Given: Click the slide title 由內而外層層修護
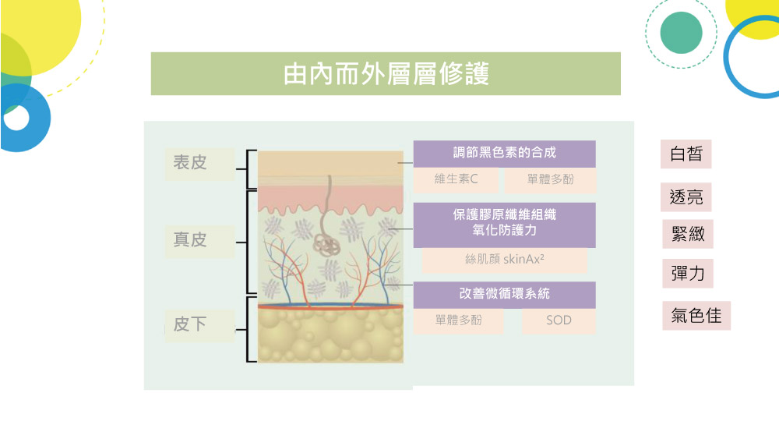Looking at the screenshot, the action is [386, 73].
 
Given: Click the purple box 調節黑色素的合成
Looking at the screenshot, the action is [504, 154].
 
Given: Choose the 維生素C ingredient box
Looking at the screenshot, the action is [456, 179].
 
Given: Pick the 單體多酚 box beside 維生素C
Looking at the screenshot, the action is [550, 179].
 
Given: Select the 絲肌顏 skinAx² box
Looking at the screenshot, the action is [504, 260].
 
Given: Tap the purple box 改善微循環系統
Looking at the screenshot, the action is [504, 295].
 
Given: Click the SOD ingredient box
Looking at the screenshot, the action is [559, 321].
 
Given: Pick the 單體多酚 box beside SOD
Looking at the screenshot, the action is [458, 321].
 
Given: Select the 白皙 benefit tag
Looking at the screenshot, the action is [686, 154].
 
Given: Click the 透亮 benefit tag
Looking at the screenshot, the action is [686, 197].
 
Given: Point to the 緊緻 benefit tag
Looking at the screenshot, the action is [688, 234].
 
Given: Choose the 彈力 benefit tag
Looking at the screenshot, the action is [688, 274].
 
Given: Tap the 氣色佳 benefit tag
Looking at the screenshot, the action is [696, 316].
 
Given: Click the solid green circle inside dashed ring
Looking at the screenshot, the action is [681, 33].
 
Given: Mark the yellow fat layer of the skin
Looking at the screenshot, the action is [330, 335].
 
